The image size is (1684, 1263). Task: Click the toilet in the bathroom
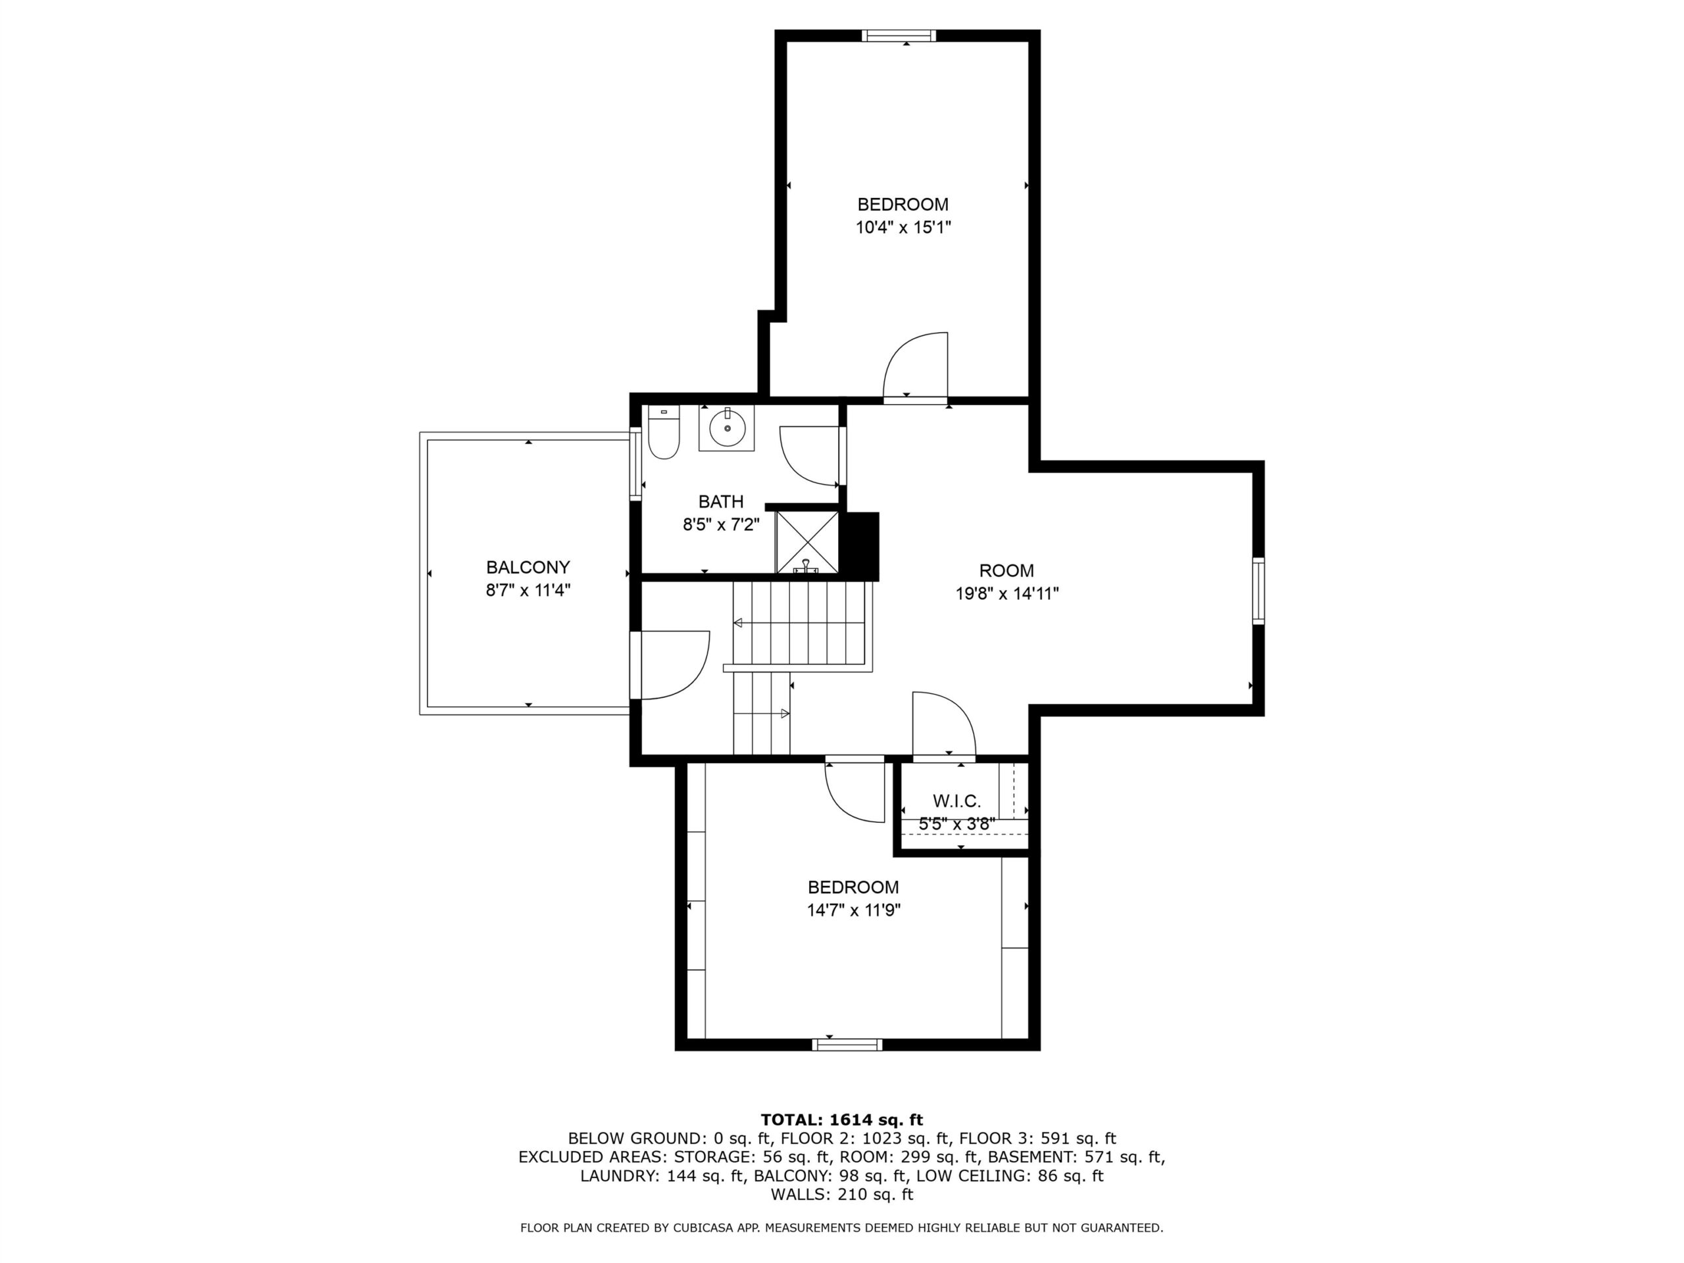663,432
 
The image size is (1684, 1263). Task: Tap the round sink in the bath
727,428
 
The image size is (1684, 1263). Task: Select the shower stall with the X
807,542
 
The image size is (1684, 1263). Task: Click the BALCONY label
528,567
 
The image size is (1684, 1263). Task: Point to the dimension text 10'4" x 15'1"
903,227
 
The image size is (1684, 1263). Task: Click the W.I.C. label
957,801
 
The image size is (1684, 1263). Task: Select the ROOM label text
1006,570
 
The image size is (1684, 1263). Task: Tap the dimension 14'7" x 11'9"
854,910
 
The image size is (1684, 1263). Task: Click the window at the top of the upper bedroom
899,35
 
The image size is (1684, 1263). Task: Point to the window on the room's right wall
1258,591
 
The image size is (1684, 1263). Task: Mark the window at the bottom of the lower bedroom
847,1045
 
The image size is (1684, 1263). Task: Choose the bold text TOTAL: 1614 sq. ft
841,1120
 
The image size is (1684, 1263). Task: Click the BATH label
721,502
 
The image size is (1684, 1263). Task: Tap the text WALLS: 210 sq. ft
841,1195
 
